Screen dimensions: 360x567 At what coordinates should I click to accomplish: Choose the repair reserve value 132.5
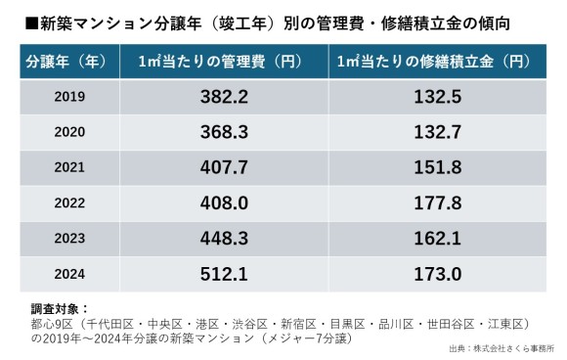437,97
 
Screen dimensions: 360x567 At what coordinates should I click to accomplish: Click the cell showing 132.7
437,132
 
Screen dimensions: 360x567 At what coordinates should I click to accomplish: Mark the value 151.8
437,167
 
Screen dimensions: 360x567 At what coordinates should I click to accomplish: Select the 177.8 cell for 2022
437,202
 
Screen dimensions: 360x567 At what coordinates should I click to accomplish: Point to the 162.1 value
437,238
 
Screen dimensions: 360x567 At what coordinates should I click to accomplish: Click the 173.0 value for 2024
437,273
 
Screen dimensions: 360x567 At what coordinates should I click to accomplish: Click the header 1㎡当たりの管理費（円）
224,61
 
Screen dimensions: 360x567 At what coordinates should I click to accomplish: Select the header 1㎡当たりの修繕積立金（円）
437,61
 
